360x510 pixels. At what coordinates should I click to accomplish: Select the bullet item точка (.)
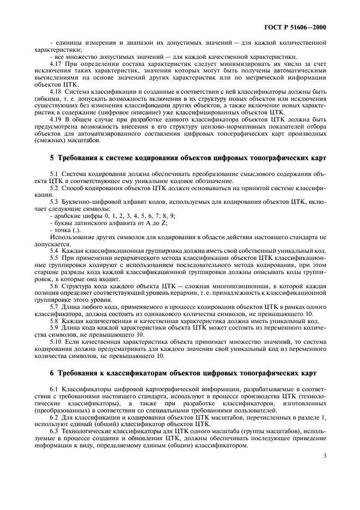point(64,230)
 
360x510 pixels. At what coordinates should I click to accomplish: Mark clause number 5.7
point(54,307)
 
